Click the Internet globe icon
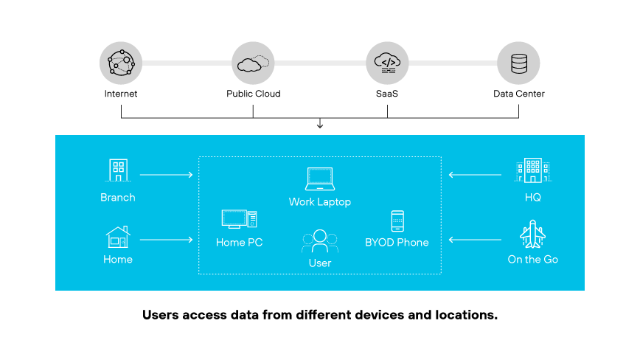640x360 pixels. [x=121, y=63]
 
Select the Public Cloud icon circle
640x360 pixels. [x=253, y=63]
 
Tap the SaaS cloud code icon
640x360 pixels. [x=387, y=63]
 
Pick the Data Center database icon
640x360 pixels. [x=518, y=63]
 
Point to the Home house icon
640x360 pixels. [x=118, y=237]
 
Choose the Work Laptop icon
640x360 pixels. [x=319, y=179]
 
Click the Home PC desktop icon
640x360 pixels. [x=239, y=219]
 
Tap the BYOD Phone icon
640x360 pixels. [x=397, y=221]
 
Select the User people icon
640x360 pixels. [x=319, y=241]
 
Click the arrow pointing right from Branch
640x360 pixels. [x=166, y=175]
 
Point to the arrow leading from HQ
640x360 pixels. [x=476, y=175]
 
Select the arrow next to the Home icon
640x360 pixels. [x=166, y=240]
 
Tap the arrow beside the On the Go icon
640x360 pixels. [x=476, y=240]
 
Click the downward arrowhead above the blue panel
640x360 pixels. [x=320, y=125]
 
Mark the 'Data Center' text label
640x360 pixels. [x=519, y=94]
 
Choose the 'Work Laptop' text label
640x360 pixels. [x=320, y=201]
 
